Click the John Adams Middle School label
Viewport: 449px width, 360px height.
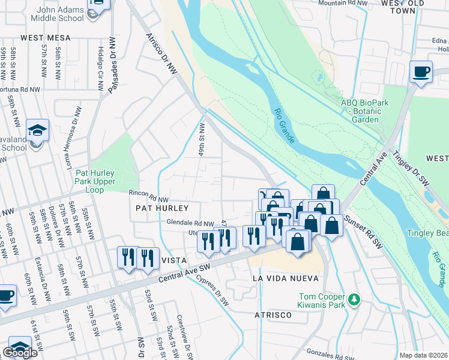point(52,13)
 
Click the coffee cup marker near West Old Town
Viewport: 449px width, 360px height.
point(421,72)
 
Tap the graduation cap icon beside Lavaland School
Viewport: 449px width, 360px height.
point(37,130)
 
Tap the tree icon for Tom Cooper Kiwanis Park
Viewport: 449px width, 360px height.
point(355,298)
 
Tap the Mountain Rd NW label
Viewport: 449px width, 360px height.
point(342,3)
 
